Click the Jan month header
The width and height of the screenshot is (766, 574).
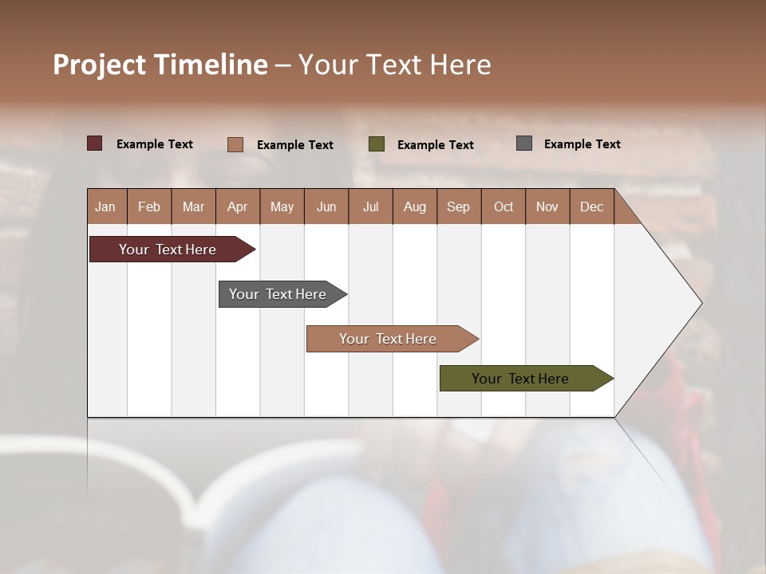(106, 206)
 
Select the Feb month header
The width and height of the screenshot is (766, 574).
(149, 206)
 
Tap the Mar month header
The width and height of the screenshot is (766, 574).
(193, 206)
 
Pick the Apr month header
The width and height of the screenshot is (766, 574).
(238, 206)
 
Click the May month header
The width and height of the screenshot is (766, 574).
(282, 206)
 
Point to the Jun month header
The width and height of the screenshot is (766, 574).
(326, 206)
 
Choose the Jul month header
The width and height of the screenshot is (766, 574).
(370, 206)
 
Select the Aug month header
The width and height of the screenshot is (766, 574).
(415, 206)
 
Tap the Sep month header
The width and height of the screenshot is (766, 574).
(459, 206)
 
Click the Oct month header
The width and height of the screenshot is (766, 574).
(503, 206)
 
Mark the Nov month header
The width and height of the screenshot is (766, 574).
(547, 206)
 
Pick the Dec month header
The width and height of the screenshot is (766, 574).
(592, 206)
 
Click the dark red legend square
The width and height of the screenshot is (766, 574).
(95, 143)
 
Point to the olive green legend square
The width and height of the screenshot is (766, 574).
(377, 143)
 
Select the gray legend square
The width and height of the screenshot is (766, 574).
(524, 143)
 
